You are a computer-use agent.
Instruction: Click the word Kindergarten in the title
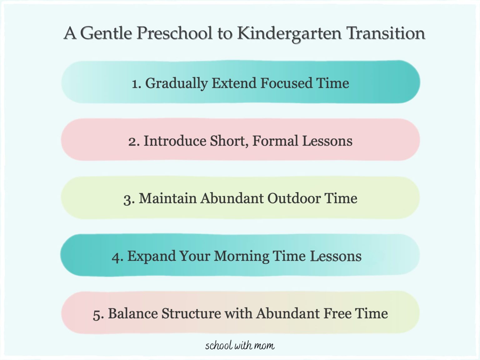click(289, 33)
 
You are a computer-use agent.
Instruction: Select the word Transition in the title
click(386, 33)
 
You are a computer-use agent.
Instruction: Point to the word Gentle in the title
click(106, 33)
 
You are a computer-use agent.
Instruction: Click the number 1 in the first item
click(135, 84)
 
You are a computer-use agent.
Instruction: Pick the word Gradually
click(177, 83)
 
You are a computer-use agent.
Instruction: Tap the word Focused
click(286, 83)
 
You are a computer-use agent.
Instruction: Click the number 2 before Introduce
click(133, 141)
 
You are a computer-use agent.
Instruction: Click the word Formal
click(275, 141)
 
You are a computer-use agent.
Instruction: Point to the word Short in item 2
click(229, 141)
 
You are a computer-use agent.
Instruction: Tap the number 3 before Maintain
click(129, 199)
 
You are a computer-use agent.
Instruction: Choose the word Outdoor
click(294, 198)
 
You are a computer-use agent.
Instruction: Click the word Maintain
click(167, 198)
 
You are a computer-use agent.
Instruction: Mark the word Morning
click(241, 257)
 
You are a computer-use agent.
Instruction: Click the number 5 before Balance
click(98, 314)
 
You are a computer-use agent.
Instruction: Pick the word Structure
click(191, 313)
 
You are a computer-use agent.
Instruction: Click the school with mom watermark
click(240, 346)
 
